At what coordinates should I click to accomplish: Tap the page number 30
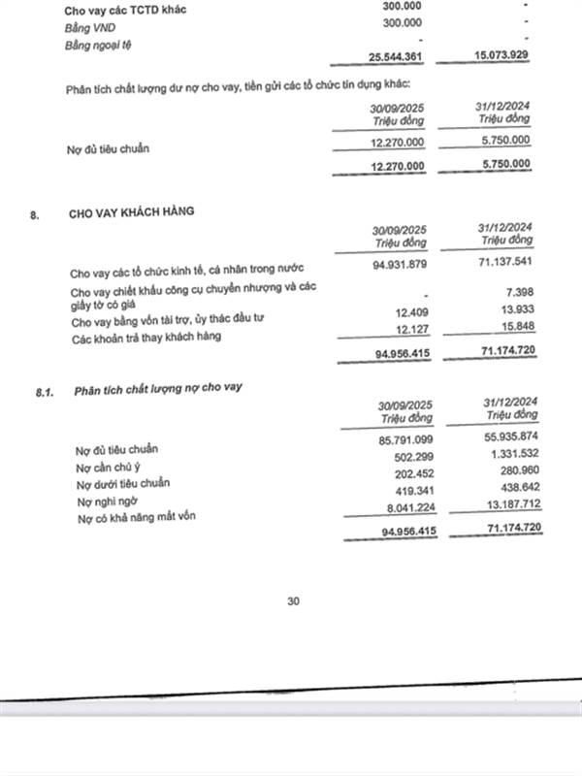[294, 601]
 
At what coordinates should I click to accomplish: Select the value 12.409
[411, 312]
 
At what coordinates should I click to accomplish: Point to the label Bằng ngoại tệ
[98, 46]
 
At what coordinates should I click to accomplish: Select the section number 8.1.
[43, 390]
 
